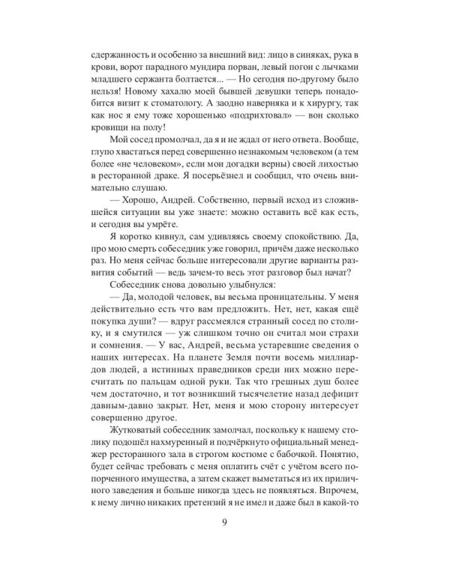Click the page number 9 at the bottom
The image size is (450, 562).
(x=225, y=524)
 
